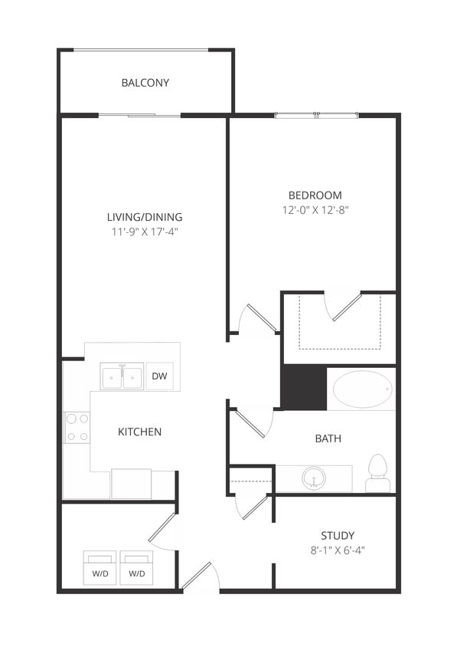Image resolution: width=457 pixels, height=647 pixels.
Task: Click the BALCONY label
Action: coord(145,83)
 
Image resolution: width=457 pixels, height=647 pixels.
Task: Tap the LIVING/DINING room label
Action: coord(145,216)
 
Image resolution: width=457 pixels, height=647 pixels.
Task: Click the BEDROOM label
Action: coord(315,195)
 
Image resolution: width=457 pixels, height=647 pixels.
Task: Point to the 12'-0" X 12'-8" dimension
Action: coord(315,209)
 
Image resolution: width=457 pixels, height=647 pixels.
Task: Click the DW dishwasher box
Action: coord(159,376)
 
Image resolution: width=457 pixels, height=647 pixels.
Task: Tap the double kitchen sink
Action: coord(122,377)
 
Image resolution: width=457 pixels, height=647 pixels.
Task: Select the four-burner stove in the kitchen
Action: coord(77,427)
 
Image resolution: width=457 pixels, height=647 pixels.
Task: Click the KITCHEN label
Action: coord(139,432)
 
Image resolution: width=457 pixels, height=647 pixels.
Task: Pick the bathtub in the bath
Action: coord(362,389)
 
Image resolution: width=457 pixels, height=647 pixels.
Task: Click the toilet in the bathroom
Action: coord(378,472)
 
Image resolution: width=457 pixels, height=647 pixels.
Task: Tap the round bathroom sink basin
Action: coord(313,480)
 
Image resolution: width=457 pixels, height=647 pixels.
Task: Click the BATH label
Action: coord(328,438)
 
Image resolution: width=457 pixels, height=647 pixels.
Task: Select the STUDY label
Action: coord(338,535)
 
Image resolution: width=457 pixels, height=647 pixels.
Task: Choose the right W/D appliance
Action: coord(138,569)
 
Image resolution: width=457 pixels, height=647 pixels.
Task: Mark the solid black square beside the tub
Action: coord(304,387)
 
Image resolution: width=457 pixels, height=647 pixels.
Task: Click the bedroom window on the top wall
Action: coord(316,116)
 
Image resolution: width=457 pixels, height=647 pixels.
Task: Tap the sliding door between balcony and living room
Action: coord(140,116)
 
